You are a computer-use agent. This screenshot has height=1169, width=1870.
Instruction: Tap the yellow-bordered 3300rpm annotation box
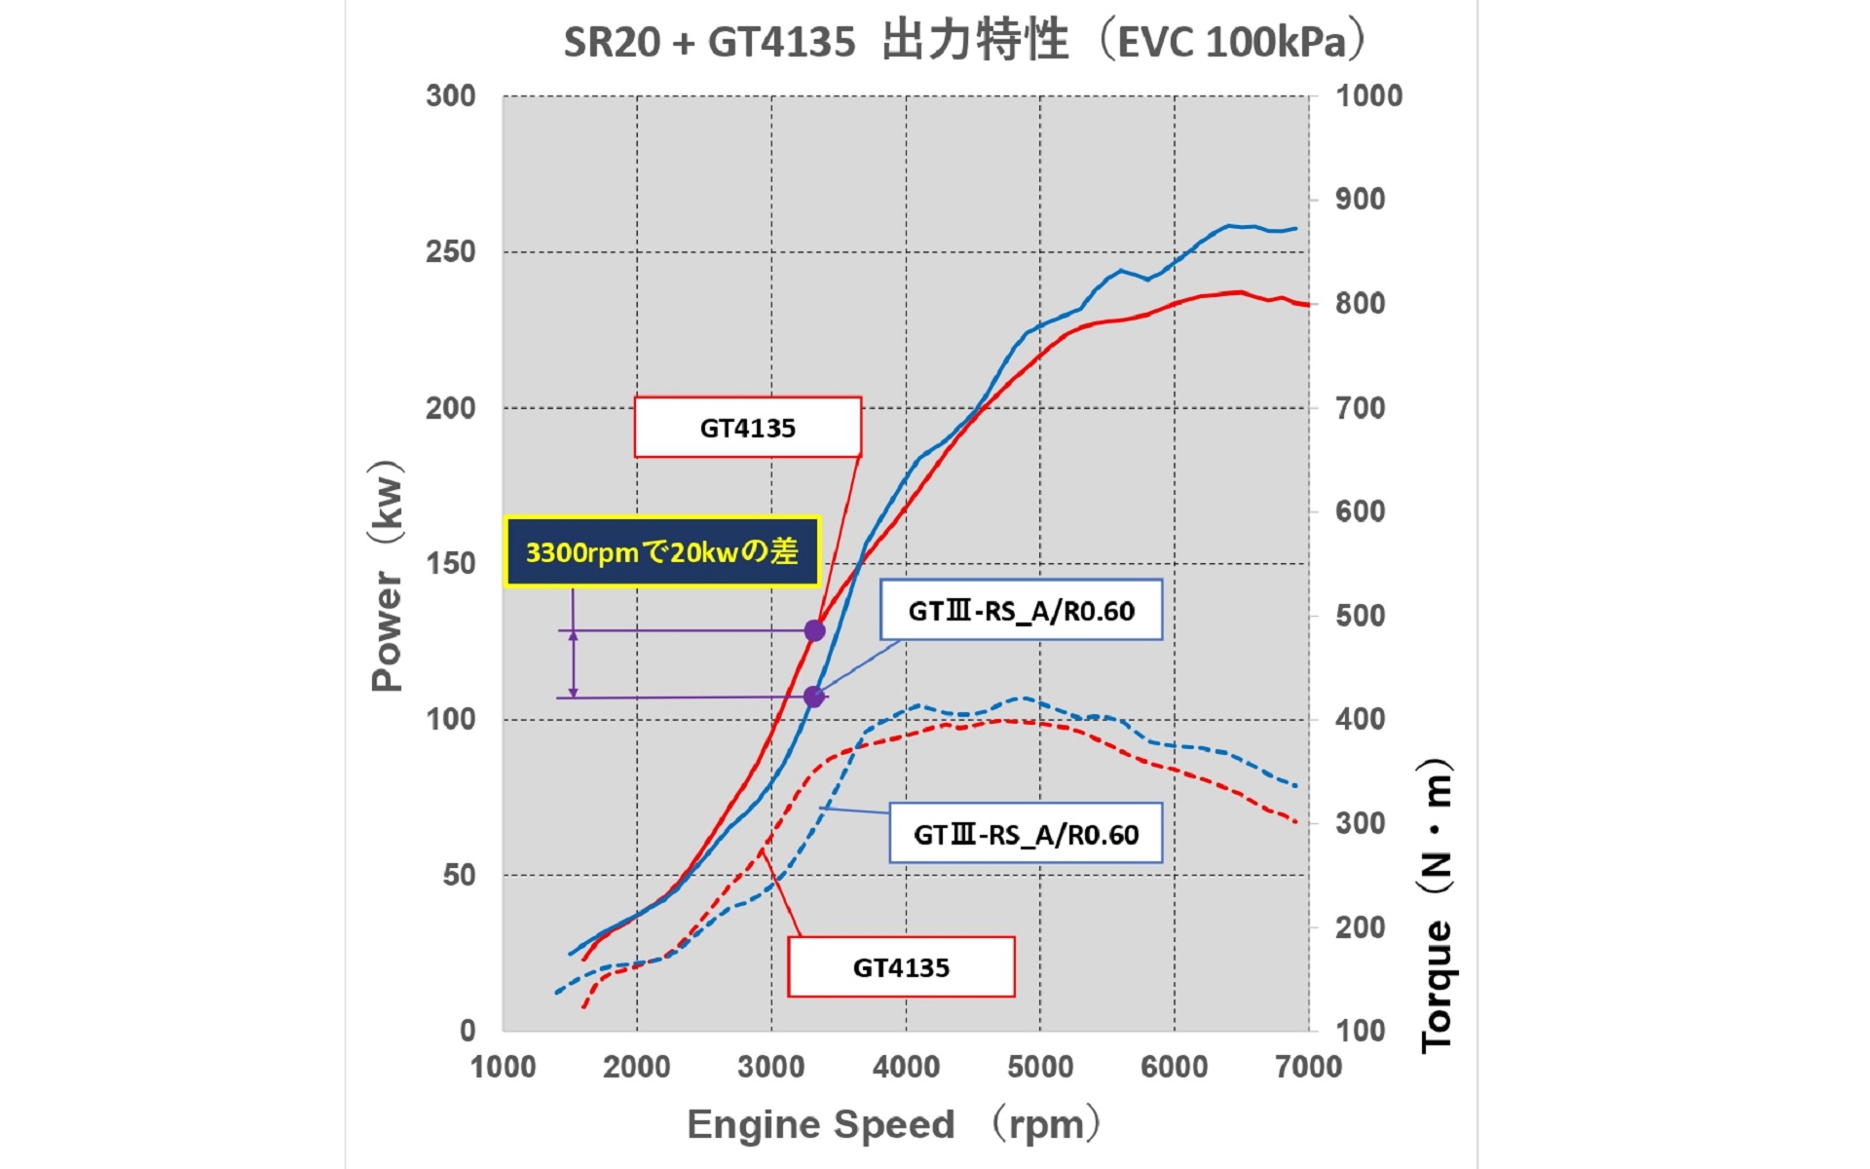(x=662, y=552)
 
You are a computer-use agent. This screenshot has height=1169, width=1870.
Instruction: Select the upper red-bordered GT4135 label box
(x=747, y=428)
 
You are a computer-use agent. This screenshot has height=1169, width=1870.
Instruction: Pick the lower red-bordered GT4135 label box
(x=901, y=967)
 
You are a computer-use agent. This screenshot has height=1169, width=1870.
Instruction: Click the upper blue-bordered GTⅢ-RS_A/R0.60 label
(x=1021, y=611)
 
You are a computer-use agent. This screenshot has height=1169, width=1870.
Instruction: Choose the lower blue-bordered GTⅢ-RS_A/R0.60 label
(x=1026, y=834)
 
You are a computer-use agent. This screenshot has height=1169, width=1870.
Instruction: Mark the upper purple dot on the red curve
(x=814, y=631)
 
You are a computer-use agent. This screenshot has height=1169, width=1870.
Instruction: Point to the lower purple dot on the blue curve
(x=813, y=697)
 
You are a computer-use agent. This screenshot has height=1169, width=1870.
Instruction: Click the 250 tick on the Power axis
(x=450, y=251)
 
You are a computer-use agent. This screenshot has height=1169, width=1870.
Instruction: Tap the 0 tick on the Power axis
(x=467, y=1030)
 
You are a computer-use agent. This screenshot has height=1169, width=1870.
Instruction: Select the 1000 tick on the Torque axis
(x=1368, y=95)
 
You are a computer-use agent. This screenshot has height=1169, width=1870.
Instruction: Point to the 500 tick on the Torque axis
(x=1360, y=616)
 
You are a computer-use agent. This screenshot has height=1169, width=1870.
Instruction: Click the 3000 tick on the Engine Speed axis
(x=771, y=1067)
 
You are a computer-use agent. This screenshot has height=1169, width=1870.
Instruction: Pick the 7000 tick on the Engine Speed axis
(x=1308, y=1067)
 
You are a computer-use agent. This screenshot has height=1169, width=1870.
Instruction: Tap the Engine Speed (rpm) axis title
(x=894, y=1124)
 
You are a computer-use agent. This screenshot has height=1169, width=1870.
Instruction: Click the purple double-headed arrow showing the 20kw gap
(x=573, y=663)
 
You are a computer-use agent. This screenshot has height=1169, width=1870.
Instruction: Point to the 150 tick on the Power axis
(x=450, y=563)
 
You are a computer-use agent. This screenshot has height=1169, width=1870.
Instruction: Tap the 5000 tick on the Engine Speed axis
(x=1040, y=1067)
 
